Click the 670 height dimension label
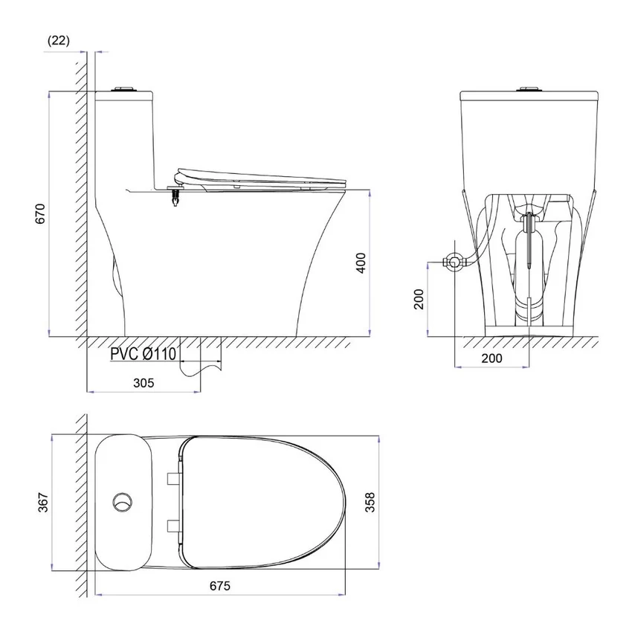pyautogui.click(x=41, y=213)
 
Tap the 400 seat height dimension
pyautogui.click(x=361, y=262)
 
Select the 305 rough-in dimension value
pyautogui.click(x=144, y=382)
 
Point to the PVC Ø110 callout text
pyautogui.click(x=144, y=354)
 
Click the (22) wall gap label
pyautogui.click(x=59, y=41)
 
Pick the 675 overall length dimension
pyautogui.click(x=220, y=586)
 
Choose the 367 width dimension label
pyautogui.click(x=43, y=502)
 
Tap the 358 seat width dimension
pyautogui.click(x=370, y=502)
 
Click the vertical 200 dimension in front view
pyautogui.click(x=419, y=299)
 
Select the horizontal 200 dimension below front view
pyautogui.click(x=491, y=358)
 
